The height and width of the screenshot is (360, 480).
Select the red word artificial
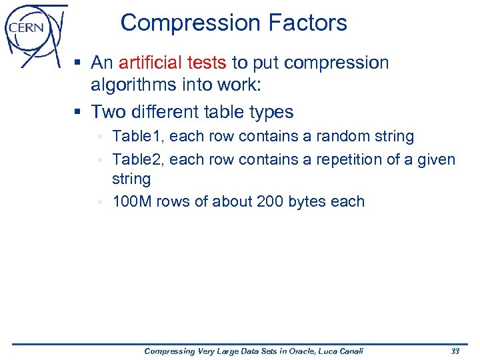pyautogui.click(x=150, y=63)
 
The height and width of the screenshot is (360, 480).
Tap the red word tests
pyautogui.click(x=207, y=63)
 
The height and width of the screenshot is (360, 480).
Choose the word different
pyautogui.click(x=167, y=111)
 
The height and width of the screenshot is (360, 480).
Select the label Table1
pyautogui.click(x=138, y=137)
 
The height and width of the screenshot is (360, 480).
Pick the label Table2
pyautogui.click(x=138, y=159)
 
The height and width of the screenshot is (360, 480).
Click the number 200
pyautogui.click(x=270, y=201)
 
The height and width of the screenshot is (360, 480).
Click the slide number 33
pyautogui.click(x=455, y=351)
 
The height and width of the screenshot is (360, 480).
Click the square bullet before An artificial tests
pyautogui.click(x=78, y=64)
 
